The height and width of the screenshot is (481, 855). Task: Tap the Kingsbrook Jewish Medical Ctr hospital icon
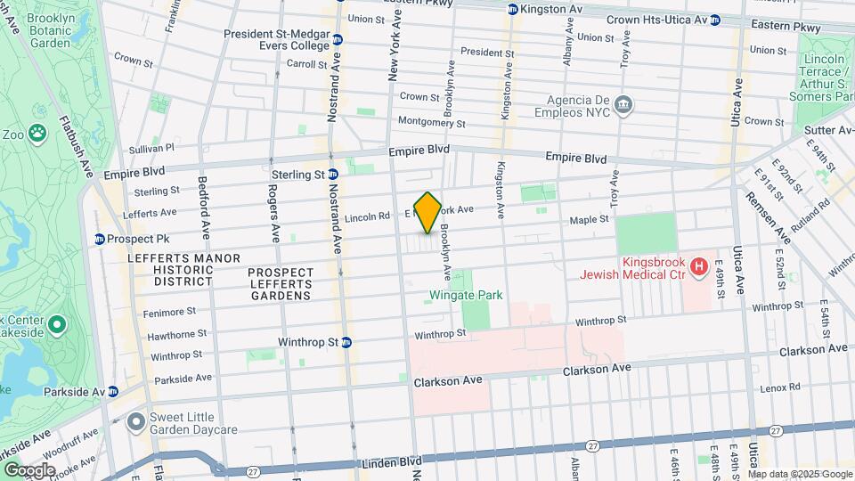coord(699,265)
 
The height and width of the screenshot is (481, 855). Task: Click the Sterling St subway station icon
coord(332,175)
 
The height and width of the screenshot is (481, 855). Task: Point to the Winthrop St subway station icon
coord(346,341)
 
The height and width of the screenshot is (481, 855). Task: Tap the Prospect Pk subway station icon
coord(100,239)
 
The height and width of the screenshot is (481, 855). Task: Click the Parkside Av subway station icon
coord(113,391)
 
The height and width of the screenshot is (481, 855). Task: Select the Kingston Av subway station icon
coord(512,10)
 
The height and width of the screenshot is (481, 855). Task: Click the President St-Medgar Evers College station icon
coord(338,38)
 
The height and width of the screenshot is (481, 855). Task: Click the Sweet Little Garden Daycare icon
coord(136,420)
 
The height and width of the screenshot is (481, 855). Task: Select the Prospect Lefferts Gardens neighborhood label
coord(281,283)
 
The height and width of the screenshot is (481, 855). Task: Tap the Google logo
coord(30,469)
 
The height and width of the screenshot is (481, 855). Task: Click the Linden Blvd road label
coord(391,463)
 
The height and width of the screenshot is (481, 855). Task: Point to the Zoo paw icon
coord(37,134)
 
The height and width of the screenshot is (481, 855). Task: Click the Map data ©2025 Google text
coord(800,474)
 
